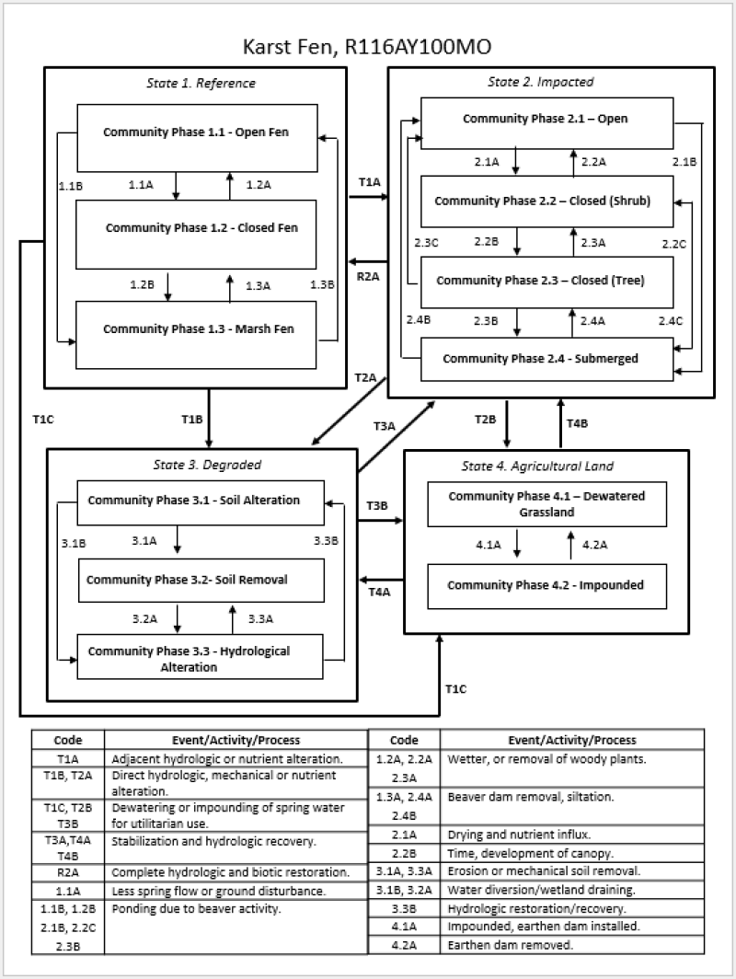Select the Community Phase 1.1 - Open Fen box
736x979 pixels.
click(197, 132)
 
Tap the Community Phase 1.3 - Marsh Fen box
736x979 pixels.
click(197, 329)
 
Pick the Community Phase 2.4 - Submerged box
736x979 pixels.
click(542, 358)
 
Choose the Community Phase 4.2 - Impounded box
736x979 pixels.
click(546, 585)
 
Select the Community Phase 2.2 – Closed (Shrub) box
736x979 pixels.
click(542, 201)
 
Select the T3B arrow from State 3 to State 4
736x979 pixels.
click(380, 521)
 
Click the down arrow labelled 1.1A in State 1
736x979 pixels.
click(175, 186)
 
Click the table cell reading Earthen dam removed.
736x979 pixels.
click(572, 943)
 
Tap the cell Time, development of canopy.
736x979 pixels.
click(572, 853)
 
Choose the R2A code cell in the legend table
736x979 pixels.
click(68, 871)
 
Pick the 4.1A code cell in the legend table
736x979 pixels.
click(404, 926)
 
